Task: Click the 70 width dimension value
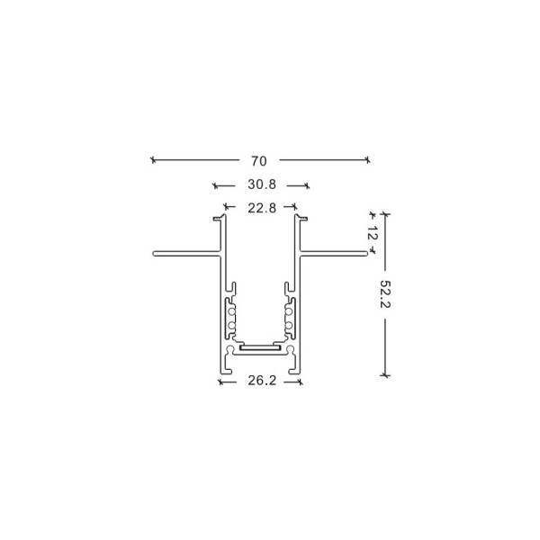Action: (259, 161)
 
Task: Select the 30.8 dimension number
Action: (261, 185)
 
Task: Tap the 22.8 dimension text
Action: (261, 208)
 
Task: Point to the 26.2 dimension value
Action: (260, 381)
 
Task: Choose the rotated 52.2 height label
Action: (385, 295)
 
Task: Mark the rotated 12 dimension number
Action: (373, 232)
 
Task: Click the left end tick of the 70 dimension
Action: (153, 160)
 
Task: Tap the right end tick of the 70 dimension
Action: (367, 160)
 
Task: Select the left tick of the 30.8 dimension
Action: (215, 186)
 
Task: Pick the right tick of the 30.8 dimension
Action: (307, 186)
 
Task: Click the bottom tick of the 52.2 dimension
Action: (385, 373)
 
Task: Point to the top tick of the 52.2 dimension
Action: (385, 214)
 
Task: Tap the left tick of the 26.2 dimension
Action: (220, 382)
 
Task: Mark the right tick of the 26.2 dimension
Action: (301, 382)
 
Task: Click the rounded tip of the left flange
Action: (155, 254)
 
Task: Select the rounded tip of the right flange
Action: (366, 254)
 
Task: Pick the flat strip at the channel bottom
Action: (261, 346)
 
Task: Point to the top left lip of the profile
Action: (216, 218)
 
